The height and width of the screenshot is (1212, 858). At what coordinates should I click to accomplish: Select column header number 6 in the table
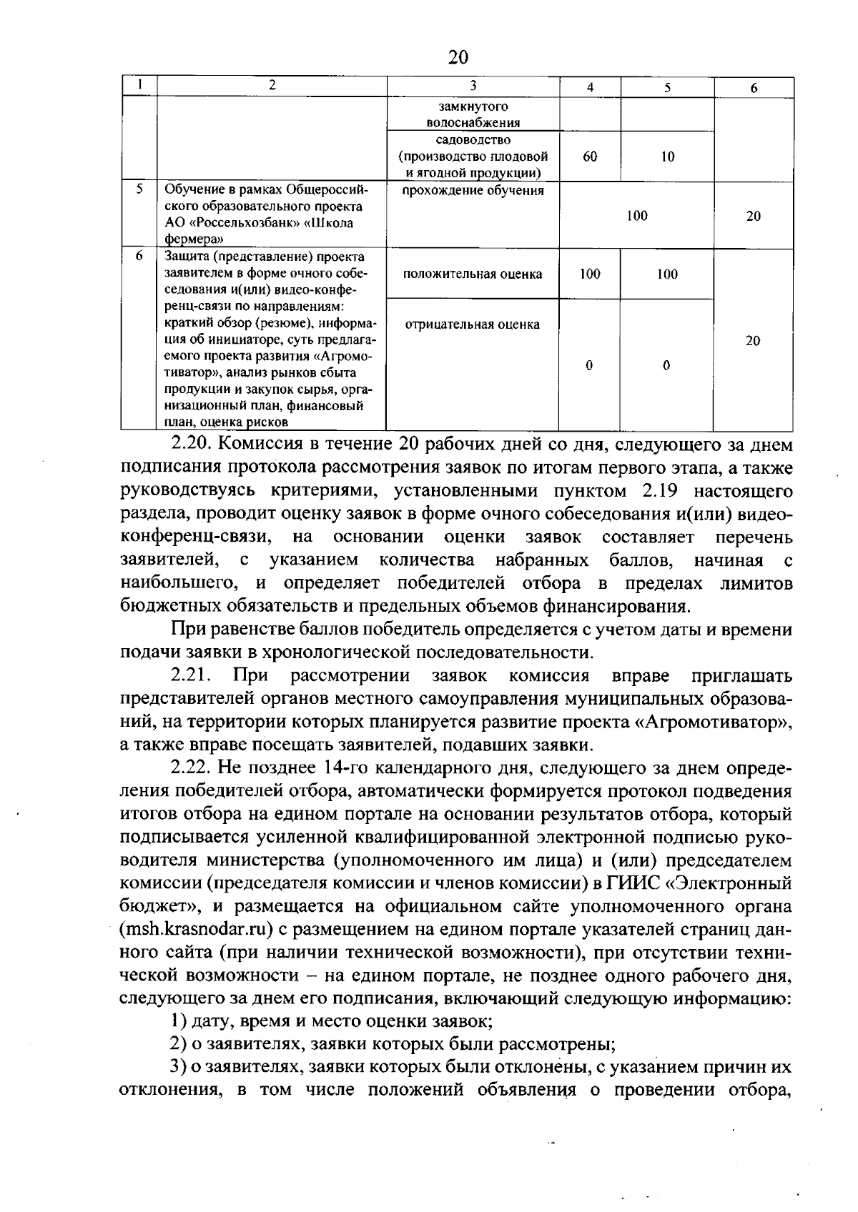click(754, 88)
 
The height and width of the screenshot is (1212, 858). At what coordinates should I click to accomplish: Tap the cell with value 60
click(590, 157)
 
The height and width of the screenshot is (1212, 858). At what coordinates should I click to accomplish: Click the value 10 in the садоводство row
click(667, 157)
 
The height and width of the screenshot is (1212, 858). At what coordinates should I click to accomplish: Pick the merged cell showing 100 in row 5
click(636, 216)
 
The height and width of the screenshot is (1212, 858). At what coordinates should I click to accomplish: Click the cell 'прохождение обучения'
click(473, 191)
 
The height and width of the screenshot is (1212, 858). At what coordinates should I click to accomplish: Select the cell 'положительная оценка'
click(473, 274)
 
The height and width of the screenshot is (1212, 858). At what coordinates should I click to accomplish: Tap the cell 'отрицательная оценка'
click(473, 324)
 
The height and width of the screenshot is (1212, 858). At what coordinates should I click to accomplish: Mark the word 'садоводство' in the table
click(473, 140)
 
